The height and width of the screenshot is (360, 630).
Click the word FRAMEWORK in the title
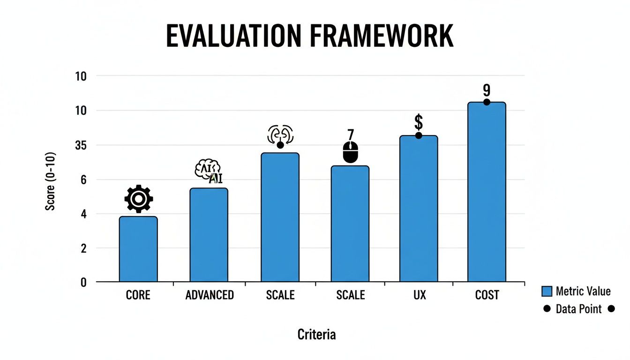386,37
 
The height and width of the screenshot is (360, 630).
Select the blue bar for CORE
138,249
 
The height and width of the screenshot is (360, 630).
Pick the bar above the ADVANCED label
209,235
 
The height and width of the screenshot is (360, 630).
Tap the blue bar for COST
487,192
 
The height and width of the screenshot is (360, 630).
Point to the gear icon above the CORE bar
138,199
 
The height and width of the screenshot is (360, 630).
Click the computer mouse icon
350,153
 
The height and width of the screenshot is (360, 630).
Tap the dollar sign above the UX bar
419,122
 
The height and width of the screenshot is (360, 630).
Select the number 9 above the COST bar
487,90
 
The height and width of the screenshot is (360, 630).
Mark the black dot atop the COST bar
487,102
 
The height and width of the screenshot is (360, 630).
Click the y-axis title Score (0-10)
51,181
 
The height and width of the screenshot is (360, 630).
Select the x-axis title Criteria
316,335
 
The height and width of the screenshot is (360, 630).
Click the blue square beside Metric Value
547,292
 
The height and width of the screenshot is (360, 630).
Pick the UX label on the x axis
420,295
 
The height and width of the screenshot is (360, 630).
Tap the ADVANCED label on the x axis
210,295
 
